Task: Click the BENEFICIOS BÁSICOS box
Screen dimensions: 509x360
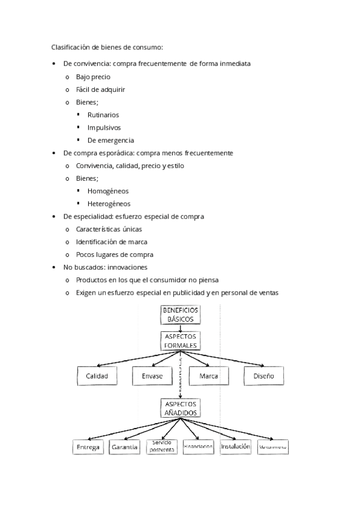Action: click(181, 315)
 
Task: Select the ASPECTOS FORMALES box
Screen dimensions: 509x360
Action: click(181, 341)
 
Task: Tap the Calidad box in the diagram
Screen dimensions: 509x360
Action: click(97, 376)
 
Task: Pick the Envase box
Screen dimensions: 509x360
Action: click(152, 376)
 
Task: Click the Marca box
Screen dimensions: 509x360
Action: click(208, 376)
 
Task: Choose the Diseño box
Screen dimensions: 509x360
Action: click(263, 376)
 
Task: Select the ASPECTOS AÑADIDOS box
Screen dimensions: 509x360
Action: click(181, 408)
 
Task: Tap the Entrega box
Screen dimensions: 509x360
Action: click(88, 448)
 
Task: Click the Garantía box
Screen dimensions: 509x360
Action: click(125, 447)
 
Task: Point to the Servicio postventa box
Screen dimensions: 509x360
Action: click(162, 446)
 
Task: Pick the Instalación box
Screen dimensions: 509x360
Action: click(235, 447)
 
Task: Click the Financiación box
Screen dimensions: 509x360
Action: click(199, 447)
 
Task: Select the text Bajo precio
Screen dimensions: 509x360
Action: click(93, 77)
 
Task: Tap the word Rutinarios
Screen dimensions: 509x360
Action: click(103, 115)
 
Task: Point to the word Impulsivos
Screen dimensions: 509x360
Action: click(104, 127)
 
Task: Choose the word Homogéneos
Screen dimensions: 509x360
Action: click(108, 191)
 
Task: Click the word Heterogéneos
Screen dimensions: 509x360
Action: click(109, 203)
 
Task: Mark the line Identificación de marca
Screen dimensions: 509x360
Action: click(112, 241)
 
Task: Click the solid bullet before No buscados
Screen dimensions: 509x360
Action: click(55, 267)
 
